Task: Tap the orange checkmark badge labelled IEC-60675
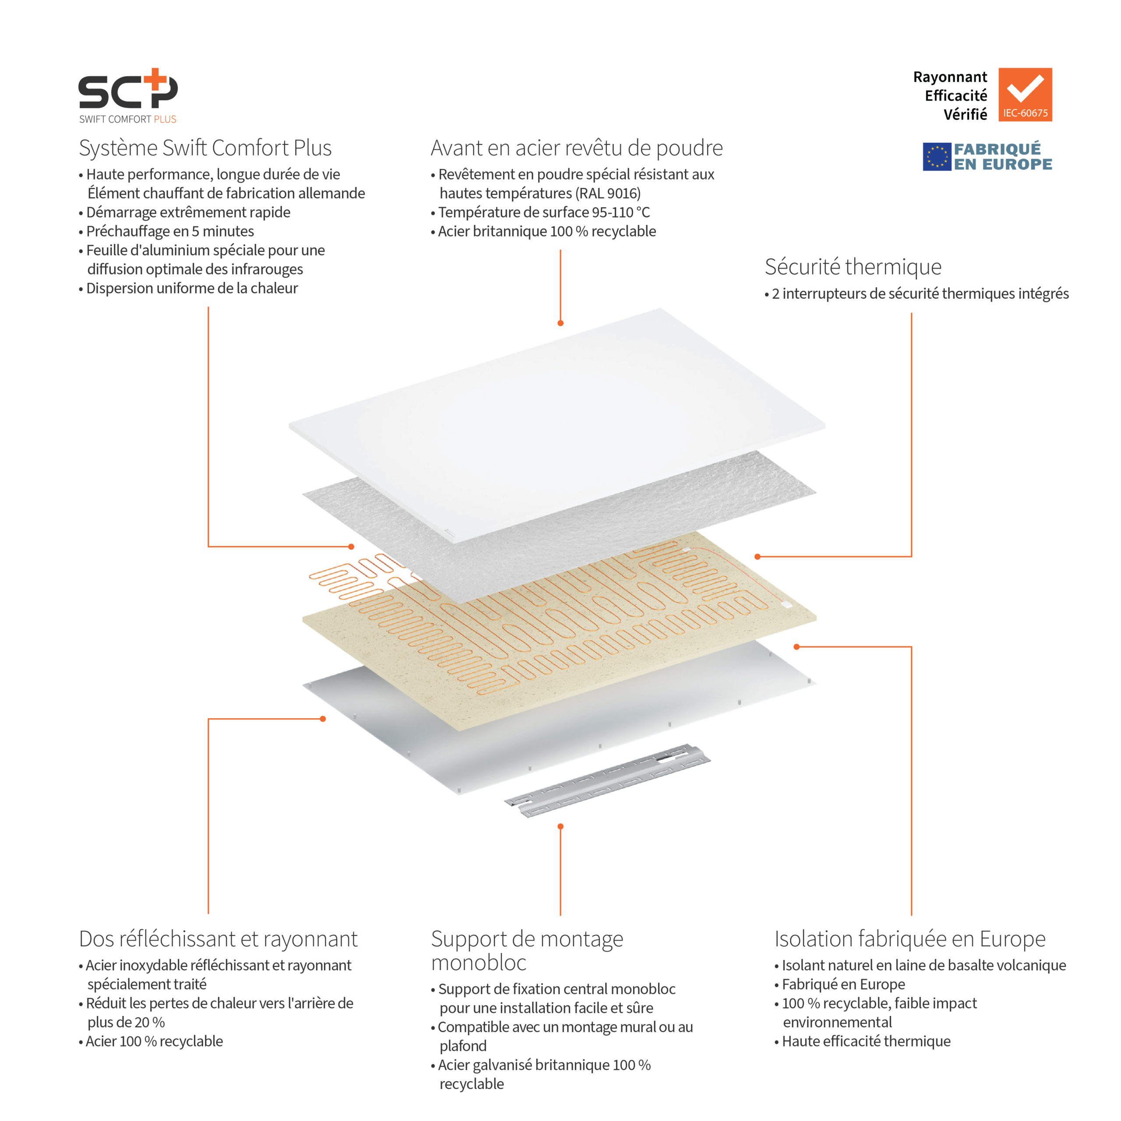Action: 1025,95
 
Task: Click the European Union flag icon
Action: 937,157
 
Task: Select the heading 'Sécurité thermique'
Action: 853,267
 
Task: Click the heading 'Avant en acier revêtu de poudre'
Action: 576,148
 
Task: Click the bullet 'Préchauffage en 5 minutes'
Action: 169,231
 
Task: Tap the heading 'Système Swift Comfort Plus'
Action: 205,148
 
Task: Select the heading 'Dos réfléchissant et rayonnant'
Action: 218,938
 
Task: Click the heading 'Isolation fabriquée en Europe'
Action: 909,938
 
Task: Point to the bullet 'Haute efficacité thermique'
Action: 866,1041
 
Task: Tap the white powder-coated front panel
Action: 557,423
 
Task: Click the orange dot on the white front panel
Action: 560,323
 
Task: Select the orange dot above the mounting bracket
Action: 560,826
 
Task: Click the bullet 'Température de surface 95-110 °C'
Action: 544,212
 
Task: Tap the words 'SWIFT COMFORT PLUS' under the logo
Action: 128,119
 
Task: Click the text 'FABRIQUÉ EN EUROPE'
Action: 1003,157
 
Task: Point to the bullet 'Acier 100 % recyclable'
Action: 154,1041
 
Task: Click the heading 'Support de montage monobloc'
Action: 526,950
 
